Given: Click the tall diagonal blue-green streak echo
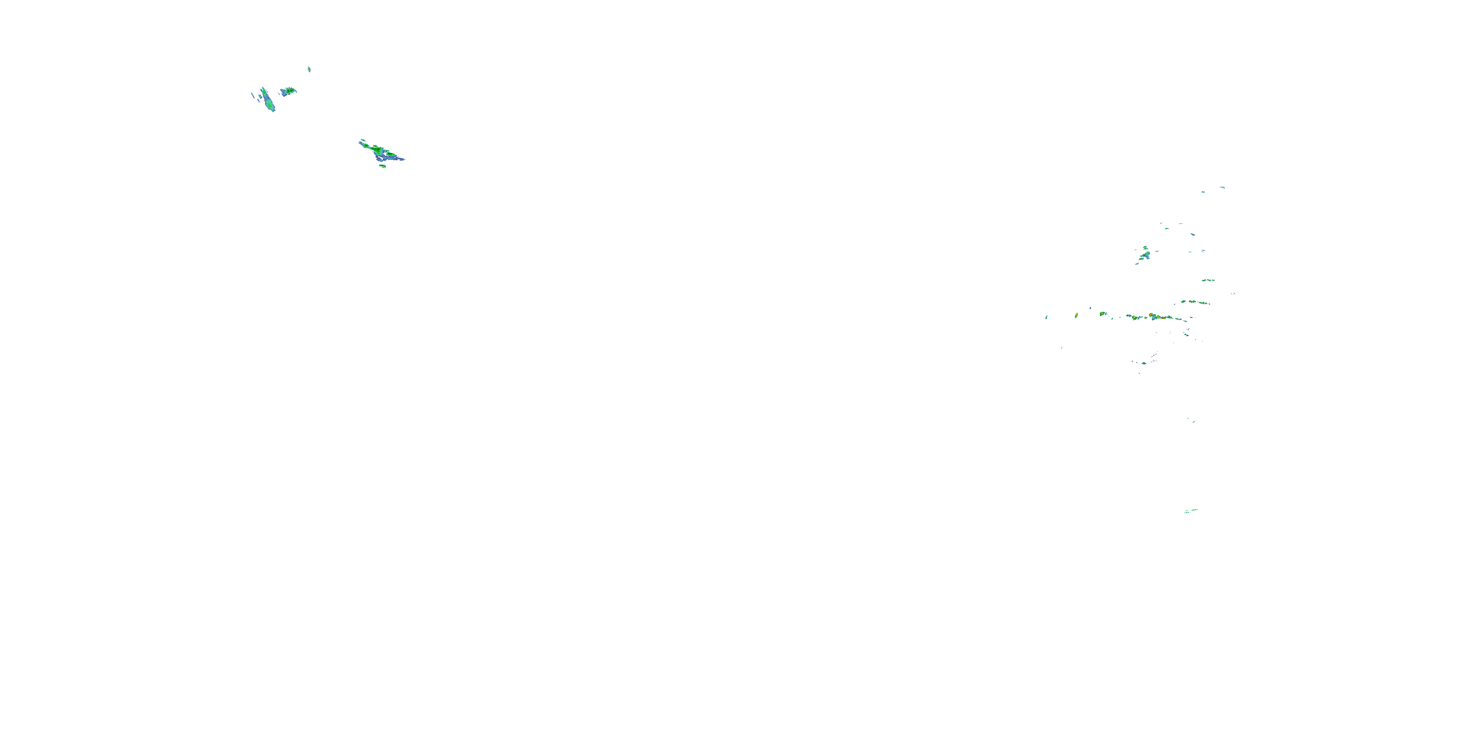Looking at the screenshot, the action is pyautogui.click(x=267, y=99).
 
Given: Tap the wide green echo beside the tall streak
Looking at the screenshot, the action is pyautogui.click(x=288, y=91).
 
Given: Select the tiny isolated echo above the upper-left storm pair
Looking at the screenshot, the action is pyautogui.click(x=309, y=70).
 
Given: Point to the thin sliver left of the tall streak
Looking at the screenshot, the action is pyautogui.click(x=253, y=95).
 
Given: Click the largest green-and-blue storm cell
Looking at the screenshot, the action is pyautogui.click(x=381, y=152).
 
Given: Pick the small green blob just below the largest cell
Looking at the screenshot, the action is pyautogui.click(x=382, y=166).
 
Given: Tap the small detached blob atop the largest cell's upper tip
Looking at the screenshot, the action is pyautogui.click(x=361, y=140).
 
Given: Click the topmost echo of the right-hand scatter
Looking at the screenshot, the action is pyautogui.click(x=1222, y=187).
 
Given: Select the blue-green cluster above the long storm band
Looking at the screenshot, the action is pyautogui.click(x=1144, y=254).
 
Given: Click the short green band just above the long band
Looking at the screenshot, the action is pyautogui.click(x=1194, y=302).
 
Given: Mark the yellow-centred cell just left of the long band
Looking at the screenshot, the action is pyautogui.click(x=1103, y=314).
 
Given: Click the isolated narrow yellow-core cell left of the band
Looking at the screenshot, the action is pyautogui.click(x=1076, y=315).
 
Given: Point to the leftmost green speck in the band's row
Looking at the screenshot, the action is pyautogui.click(x=1046, y=317).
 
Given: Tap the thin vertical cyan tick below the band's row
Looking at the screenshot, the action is pyautogui.click(x=1062, y=347).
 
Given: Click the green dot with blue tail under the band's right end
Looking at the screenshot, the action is pyautogui.click(x=1186, y=334).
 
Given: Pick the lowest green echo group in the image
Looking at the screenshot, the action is pyautogui.click(x=1190, y=511).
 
